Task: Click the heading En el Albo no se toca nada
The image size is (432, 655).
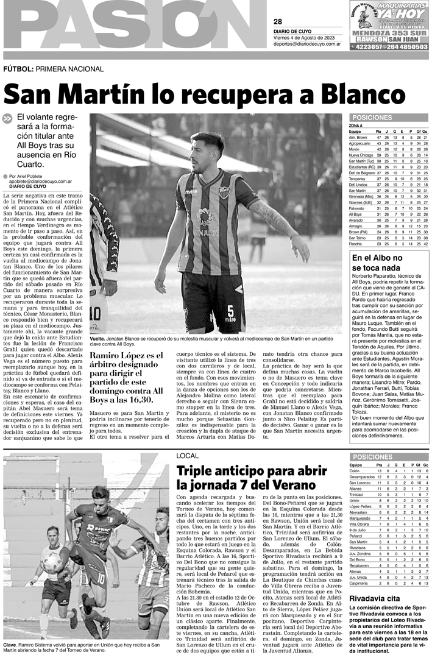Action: click(x=377, y=263)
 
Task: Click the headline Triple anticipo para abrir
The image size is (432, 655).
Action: click(x=253, y=489)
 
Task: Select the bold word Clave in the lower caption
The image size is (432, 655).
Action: click(x=10, y=645)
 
